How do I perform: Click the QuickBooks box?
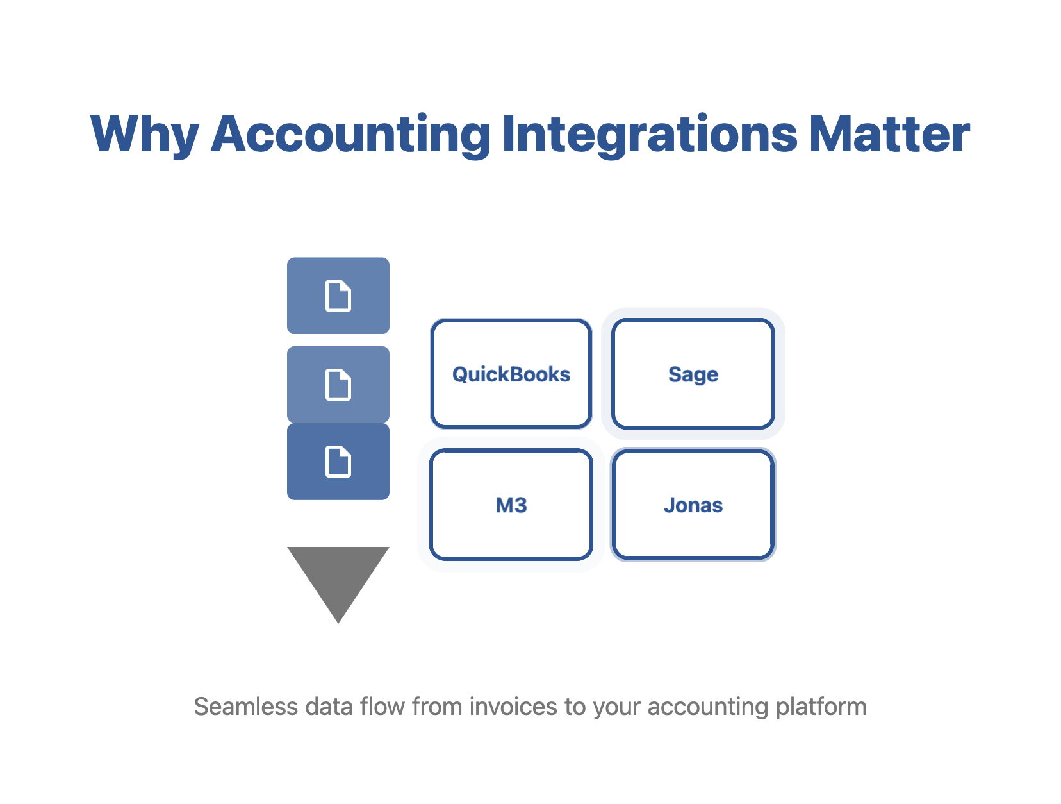point(511,373)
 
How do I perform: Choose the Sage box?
point(693,373)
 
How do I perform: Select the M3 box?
point(511,504)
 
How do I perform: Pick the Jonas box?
point(693,504)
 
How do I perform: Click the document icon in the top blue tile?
point(338,294)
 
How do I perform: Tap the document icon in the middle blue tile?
point(338,384)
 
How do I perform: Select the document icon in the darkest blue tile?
point(338,461)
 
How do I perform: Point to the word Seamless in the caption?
point(245,706)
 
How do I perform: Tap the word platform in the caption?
point(821,707)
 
